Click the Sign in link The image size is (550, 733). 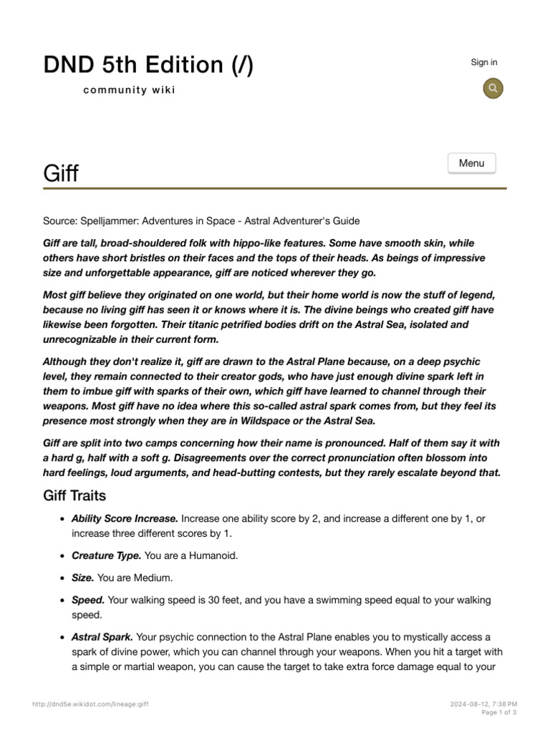pos(483,62)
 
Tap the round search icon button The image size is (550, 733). pos(493,88)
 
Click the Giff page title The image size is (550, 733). pos(61,173)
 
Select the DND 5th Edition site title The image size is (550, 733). pos(148,65)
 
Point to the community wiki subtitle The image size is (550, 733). pos(129,89)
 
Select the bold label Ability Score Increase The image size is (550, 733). pos(125,518)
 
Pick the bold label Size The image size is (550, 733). pos(82,578)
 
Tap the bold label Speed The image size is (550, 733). pos(88,600)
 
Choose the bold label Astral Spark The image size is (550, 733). pos(102,637)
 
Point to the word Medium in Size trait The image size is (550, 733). pos(155,578)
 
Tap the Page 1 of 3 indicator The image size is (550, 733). pos(498,712)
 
